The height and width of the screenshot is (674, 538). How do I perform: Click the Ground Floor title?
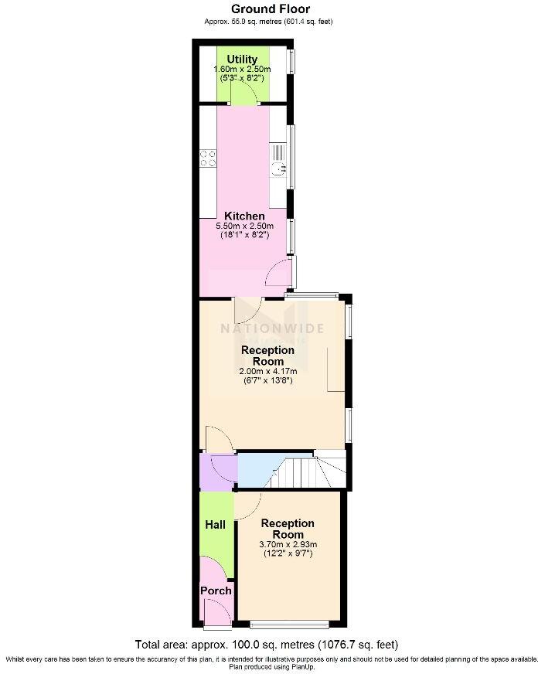(268, 9)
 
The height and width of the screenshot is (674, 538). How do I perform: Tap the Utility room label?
(242, 59)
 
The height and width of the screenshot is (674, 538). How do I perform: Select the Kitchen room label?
(244, 216)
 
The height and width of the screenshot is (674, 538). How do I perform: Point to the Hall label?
(215, 525)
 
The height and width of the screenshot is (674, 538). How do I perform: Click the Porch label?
(216, 591)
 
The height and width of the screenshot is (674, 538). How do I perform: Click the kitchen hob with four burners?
(208, 158)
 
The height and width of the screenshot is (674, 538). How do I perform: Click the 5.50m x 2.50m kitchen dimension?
(244, 226)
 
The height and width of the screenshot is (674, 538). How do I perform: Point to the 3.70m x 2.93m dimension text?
(288, 544)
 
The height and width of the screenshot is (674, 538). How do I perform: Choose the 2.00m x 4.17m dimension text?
(267, 371)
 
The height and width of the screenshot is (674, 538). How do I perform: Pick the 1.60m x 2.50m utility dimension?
(242, 70)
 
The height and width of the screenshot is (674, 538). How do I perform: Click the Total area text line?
(267, 644)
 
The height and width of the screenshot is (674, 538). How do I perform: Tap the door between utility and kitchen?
(243, 94)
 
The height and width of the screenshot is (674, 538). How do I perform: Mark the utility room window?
(291, 61)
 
